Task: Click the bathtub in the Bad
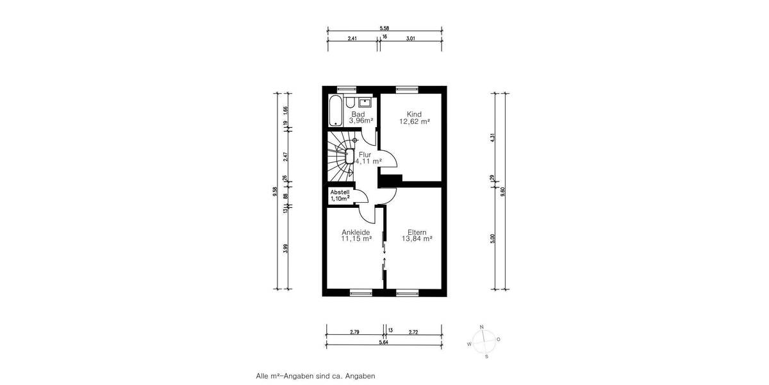pyautogui.click(x=335, y=111)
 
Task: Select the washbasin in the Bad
pyautogui.click(x=366, y=101)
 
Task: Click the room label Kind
pyautogui.click(x=413, y=114)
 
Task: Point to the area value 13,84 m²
pyautogui.click(x=417, y=239)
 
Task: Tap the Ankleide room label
pyautogui.click(x=357, y=232)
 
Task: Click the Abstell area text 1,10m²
pyautogui.click(x=340, y=200)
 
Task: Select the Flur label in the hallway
pyautogui.click(x=365, y=155)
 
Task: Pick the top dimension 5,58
pyautogui.click(x=384, y=28)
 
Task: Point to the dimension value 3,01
pyautogui.click(x=411, y=38)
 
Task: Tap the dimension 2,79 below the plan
pyautogui.click(x=355, y=332)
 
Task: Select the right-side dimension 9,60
pyautogui.click(x=503, y=191)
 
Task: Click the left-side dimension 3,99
pyautogui.click(x=285, y=248)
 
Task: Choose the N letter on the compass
pyautogui.click(x=482, y=326)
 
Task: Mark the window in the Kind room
pyautogui.click(x=406, y=89)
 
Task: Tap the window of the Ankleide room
pyautogui.click(x=360, y=293)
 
